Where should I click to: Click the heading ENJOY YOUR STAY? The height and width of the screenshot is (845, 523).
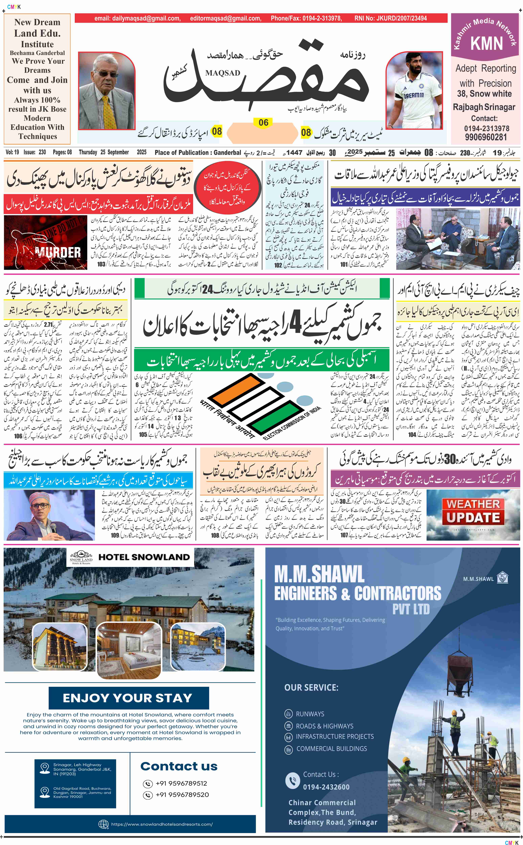coord(128,698)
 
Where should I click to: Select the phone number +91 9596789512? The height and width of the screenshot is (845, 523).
coord(181,783)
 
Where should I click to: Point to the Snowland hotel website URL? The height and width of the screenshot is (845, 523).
coord(162,824)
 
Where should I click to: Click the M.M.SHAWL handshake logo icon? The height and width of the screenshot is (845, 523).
coord(502,578)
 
